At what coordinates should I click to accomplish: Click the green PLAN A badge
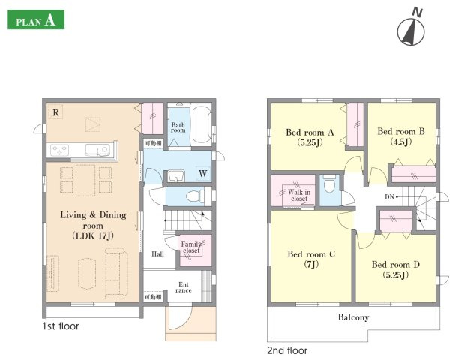click(x=36, y=19)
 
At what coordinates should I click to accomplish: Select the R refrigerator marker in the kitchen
click(x=55, y=112)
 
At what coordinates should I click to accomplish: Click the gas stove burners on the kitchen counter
click(x=59, y=151)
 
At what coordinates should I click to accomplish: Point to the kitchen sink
click(x=97, y=150)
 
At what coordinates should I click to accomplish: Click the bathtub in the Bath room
click(x=201, y=124)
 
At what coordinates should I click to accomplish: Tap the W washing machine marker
click(x=203, y=173)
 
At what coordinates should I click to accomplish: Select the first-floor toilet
click(x=195, y=196)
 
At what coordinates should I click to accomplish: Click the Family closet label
click(x=191, y=247)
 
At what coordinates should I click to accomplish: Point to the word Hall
click(x=157, y=254)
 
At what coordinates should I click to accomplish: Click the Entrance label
click(x=184, y=287)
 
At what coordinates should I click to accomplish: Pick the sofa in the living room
click(x=116, y=273)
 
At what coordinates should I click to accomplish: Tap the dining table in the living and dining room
click(x=85, y=180)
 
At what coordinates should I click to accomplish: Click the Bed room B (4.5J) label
click(x=401, y=136)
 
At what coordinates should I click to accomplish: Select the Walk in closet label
click(x=299, y=196)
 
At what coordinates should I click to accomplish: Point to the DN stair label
click(x=389, y=197)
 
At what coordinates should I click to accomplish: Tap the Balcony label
click(x=353, y=317)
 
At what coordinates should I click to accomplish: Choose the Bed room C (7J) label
click(x=311, y=259)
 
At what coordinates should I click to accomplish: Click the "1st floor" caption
click(x=61, y=326)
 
